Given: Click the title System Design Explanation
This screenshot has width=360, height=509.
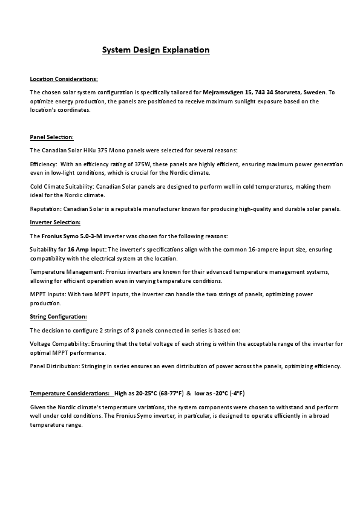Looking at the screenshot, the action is coord(155,50).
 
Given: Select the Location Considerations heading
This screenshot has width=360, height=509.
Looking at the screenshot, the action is coord(64,79).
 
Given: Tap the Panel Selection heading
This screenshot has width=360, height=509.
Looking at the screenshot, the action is coord(51,137).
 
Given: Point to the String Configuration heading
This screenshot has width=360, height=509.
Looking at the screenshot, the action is coord(58,317).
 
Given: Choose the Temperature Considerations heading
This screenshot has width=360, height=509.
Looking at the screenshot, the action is coord(70,393).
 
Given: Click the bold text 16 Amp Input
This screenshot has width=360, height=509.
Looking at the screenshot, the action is coord(86,249).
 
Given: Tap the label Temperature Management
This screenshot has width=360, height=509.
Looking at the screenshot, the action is coord(66,272).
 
